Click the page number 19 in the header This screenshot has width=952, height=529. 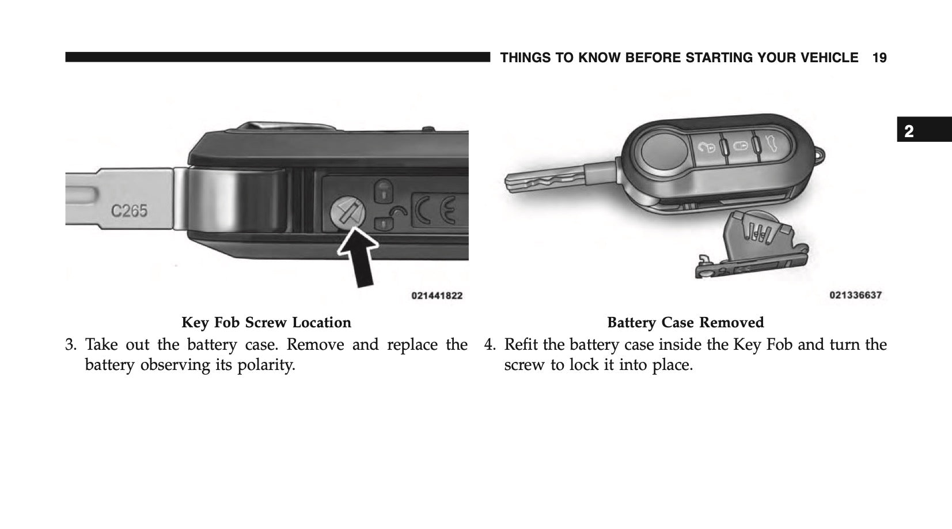pos(879,58)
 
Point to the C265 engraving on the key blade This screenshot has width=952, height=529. pos(129,211)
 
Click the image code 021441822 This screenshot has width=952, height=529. pos(437,296)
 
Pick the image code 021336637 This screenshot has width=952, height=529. pos(855,295)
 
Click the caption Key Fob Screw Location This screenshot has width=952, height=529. pos(266,322)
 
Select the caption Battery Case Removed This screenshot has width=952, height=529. pos(685,322)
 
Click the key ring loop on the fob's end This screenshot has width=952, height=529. pos(821,155)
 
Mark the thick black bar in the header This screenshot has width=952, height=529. pos(276,58)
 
